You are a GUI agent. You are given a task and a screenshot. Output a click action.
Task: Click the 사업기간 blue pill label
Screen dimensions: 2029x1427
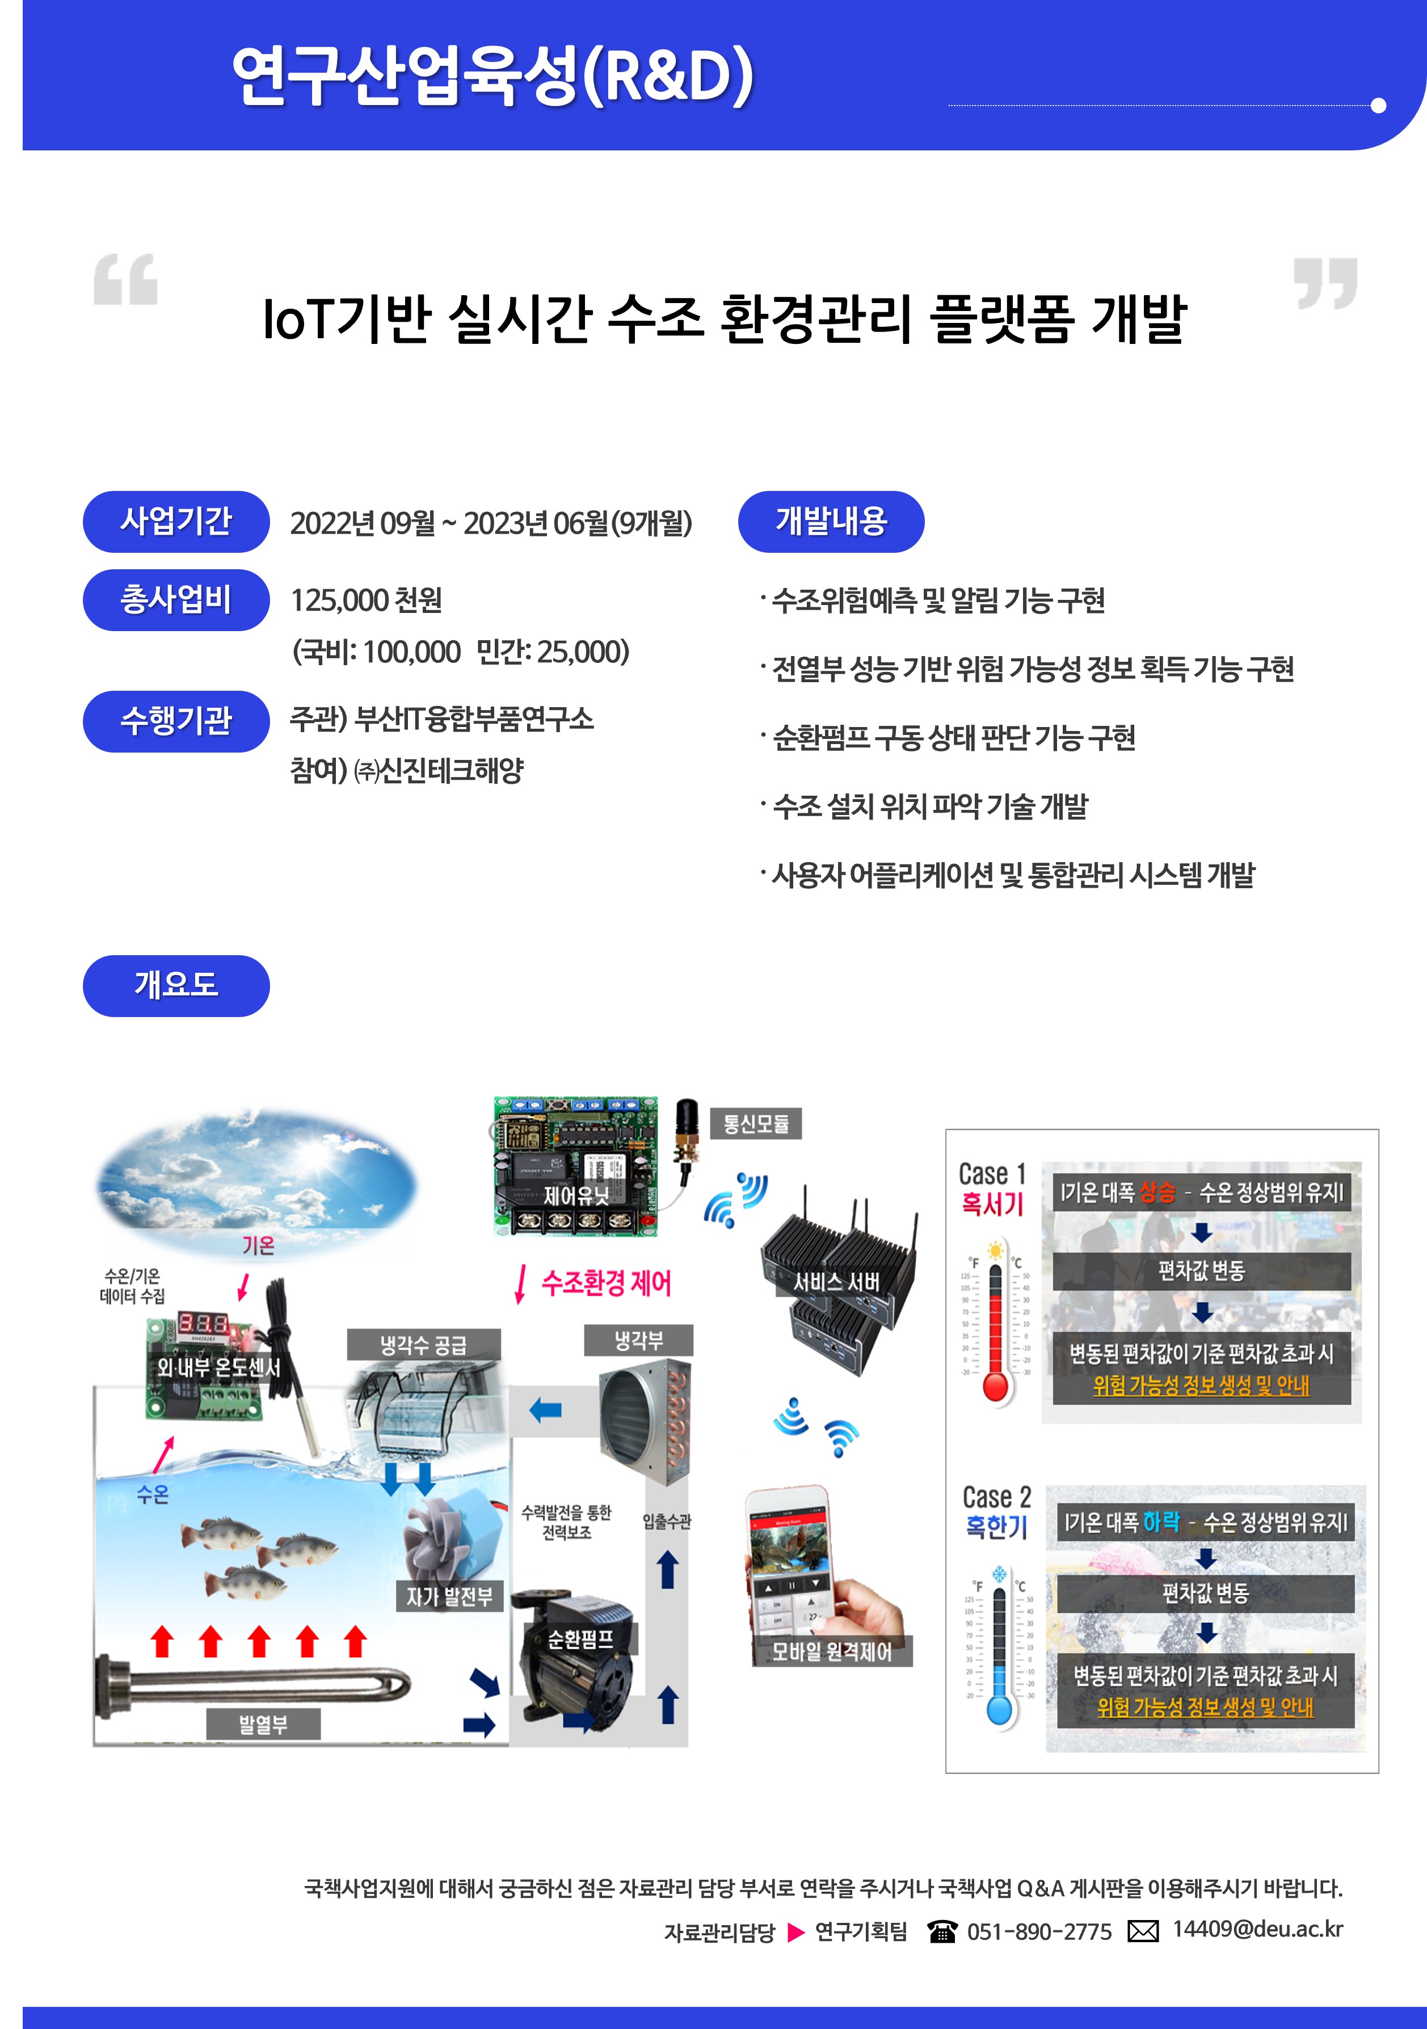click(x=176, y=522)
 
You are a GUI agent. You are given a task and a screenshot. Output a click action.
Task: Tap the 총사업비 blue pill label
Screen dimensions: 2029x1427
click(x=176, y=600)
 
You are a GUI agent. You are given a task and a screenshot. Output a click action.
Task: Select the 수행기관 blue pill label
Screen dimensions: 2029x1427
click(x=176, y=721)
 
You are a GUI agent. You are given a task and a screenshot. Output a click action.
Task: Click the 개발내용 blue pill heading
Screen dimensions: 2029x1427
click(x=831, y=522)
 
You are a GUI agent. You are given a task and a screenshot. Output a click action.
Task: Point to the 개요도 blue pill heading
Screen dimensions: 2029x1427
click(x=176, y=985)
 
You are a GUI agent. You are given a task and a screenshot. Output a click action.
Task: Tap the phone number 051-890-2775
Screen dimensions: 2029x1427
click(x=1039, y=1932)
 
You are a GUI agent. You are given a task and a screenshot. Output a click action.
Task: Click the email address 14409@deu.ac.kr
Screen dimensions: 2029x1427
click(x=1257, y=1929)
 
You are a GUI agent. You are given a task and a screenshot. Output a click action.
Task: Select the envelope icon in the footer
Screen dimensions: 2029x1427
click(x=1143, y=1933)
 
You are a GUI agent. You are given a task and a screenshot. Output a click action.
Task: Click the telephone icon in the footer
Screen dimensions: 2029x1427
click(x=942, y=1932)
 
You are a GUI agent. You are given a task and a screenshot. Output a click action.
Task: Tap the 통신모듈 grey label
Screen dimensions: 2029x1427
click(x=755, y=1124)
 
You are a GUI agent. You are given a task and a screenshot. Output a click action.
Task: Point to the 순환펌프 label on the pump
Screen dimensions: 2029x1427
click(x=580, y=1639)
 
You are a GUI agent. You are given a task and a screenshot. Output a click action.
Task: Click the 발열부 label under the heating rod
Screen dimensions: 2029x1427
click(x=263, y=1723)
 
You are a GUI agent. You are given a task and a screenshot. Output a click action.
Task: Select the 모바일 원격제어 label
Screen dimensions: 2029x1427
click(x=831, y=1652)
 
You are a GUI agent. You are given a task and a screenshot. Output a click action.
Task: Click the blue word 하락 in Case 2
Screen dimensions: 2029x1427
click(x=1161, y=1522)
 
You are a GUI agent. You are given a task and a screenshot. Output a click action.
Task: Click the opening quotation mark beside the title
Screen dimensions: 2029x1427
click(x=125, y=280)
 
